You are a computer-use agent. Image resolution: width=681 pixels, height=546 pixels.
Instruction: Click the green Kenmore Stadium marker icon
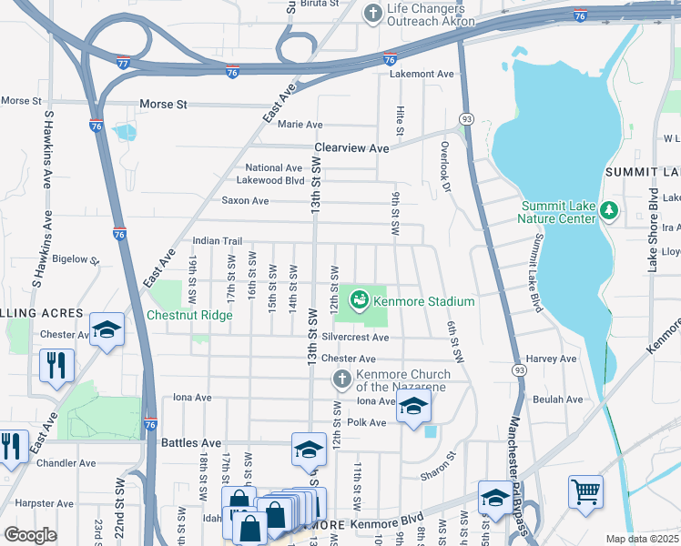360,298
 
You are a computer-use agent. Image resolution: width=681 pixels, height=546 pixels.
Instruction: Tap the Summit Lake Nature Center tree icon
609,211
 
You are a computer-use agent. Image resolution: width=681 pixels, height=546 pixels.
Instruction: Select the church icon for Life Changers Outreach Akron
371,14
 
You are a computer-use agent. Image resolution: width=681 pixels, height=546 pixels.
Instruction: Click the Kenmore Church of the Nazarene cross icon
341,379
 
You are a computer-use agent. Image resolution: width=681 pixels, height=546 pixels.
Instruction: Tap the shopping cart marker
585,491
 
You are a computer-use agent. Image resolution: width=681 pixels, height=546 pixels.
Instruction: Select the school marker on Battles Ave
309,448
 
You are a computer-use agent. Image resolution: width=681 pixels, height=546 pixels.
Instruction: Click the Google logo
31,535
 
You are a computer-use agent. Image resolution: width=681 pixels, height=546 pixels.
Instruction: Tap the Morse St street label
164,105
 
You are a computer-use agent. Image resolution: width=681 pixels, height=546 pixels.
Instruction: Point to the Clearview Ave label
351,147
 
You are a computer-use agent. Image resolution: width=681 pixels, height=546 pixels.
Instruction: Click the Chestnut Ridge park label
189,316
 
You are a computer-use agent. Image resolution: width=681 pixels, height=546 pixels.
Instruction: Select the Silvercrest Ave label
354,338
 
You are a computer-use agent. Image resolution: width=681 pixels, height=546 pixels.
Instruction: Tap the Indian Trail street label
217,241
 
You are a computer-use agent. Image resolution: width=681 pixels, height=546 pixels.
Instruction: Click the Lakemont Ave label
422,74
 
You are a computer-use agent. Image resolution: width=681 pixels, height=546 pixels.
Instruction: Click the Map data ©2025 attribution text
643,539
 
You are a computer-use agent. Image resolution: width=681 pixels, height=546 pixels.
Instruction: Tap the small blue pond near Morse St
125,132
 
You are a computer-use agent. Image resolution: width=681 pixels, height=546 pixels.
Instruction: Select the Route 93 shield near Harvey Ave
517,369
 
